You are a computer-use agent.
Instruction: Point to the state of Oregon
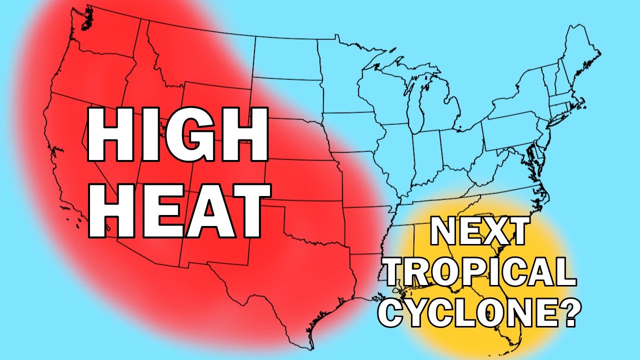click(85, 75)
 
